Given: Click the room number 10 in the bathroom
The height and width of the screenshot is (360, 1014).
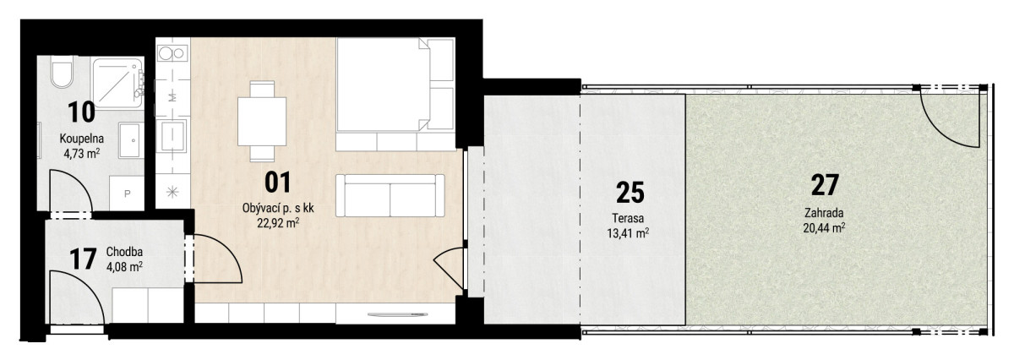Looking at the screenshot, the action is point(81,112).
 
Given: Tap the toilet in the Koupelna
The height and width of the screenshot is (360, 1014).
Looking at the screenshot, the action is point(62,73).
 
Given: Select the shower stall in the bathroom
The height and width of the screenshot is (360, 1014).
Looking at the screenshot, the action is point(117,83).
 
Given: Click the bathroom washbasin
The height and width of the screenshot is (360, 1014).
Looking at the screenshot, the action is point(131,140).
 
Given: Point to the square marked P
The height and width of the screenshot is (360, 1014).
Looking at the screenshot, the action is point(128,194).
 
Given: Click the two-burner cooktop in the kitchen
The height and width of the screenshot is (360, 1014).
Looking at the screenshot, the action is point(172,53).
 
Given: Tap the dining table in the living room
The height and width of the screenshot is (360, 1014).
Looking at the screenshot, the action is point(262,121).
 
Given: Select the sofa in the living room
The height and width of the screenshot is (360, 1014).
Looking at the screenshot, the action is point(390,195).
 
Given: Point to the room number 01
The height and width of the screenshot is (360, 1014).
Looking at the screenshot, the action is point(277,182).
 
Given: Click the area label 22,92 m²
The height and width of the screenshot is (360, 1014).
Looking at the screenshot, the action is point(278,223).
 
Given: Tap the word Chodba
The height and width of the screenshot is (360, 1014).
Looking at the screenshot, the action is point(124,252).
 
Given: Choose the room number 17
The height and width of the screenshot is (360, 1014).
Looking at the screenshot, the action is point(84,259).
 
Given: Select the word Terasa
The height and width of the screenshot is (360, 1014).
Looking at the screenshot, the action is point(628,218).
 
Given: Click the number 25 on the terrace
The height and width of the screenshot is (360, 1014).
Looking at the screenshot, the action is point(630,192).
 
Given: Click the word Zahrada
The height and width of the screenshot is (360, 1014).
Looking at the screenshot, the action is point(824,213).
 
